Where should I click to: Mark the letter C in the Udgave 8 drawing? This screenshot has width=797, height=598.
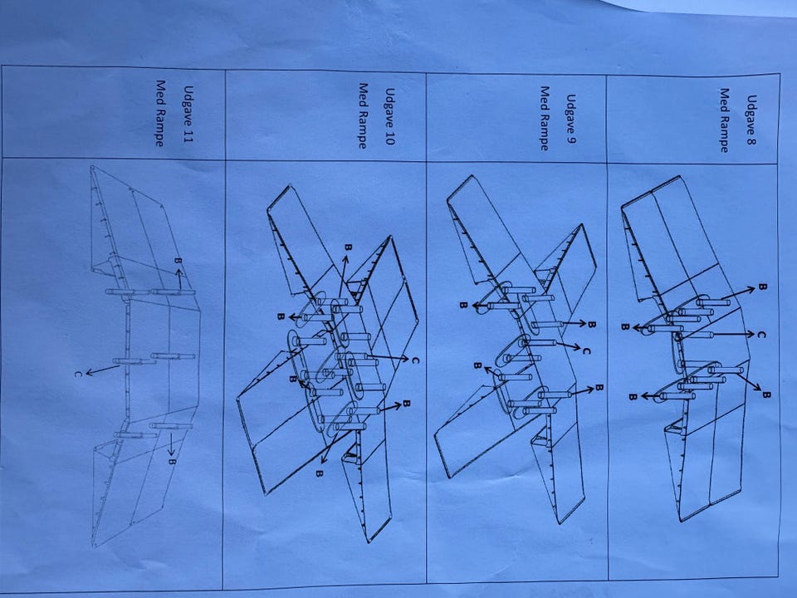pos(761,335)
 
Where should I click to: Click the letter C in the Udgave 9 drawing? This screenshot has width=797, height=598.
pos(586,350)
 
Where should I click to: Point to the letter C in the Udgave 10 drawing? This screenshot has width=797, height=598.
pos(415,360)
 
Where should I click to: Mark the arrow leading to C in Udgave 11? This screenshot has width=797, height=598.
pos(103,370)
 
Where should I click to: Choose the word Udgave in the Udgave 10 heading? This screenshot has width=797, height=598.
pos(390,108)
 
